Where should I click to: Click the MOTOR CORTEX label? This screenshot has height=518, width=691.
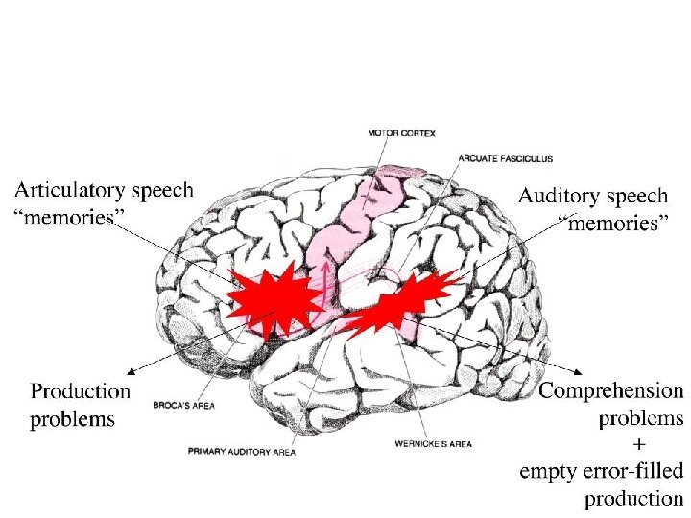(400, 133)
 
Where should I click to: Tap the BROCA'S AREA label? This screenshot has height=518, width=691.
(183, 406)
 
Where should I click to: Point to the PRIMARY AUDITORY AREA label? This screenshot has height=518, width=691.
(242, 450)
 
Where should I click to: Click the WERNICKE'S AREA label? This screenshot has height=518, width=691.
(433, 444)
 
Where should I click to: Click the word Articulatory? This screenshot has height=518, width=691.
(69, 191)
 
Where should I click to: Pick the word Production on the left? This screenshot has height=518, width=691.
(81, 391)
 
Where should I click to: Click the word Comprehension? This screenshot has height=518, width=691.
(611, 391)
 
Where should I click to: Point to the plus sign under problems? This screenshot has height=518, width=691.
(639, 444)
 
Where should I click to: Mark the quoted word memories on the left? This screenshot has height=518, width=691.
(63, 217)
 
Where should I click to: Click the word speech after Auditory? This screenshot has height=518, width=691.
(636, 196)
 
